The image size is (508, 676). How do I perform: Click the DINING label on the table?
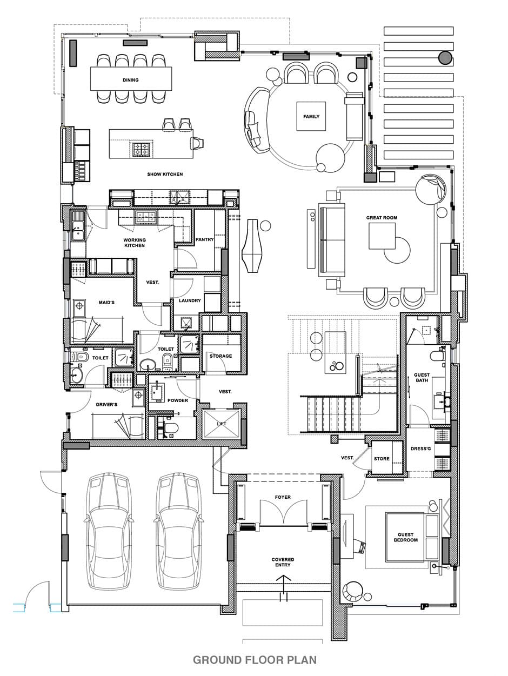(x=131, y=80)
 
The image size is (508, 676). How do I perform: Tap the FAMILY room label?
(x=311, y=117)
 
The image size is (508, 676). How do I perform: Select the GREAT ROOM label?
(x=382, y=218)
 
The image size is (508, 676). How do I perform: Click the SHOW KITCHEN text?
(x=165, y=175)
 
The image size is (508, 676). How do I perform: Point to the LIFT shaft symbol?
(x=222, y=424)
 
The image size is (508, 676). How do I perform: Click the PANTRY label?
(x=204, y=239)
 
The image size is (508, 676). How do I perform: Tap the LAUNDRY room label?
(x=190, y=300)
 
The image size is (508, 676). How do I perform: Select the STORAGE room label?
(x=220, y=356)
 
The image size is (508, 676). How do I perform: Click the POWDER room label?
(x=178, y=400)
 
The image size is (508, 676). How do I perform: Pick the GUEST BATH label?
(x=422, y=378)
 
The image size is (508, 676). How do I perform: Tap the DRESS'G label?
(x=421, y=449)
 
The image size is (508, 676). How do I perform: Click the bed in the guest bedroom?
(x=412, y=537)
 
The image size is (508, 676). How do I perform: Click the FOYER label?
(x=283, y=497)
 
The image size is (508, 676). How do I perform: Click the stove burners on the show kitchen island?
(x=141, y=149)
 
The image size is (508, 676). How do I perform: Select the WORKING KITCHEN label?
(x=135, y=243)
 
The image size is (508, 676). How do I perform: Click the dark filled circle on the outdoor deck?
(x=445, y=58)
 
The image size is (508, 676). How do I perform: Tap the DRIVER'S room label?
(x=106, y=405)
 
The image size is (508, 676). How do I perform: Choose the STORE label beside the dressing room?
(x=382, y=459)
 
